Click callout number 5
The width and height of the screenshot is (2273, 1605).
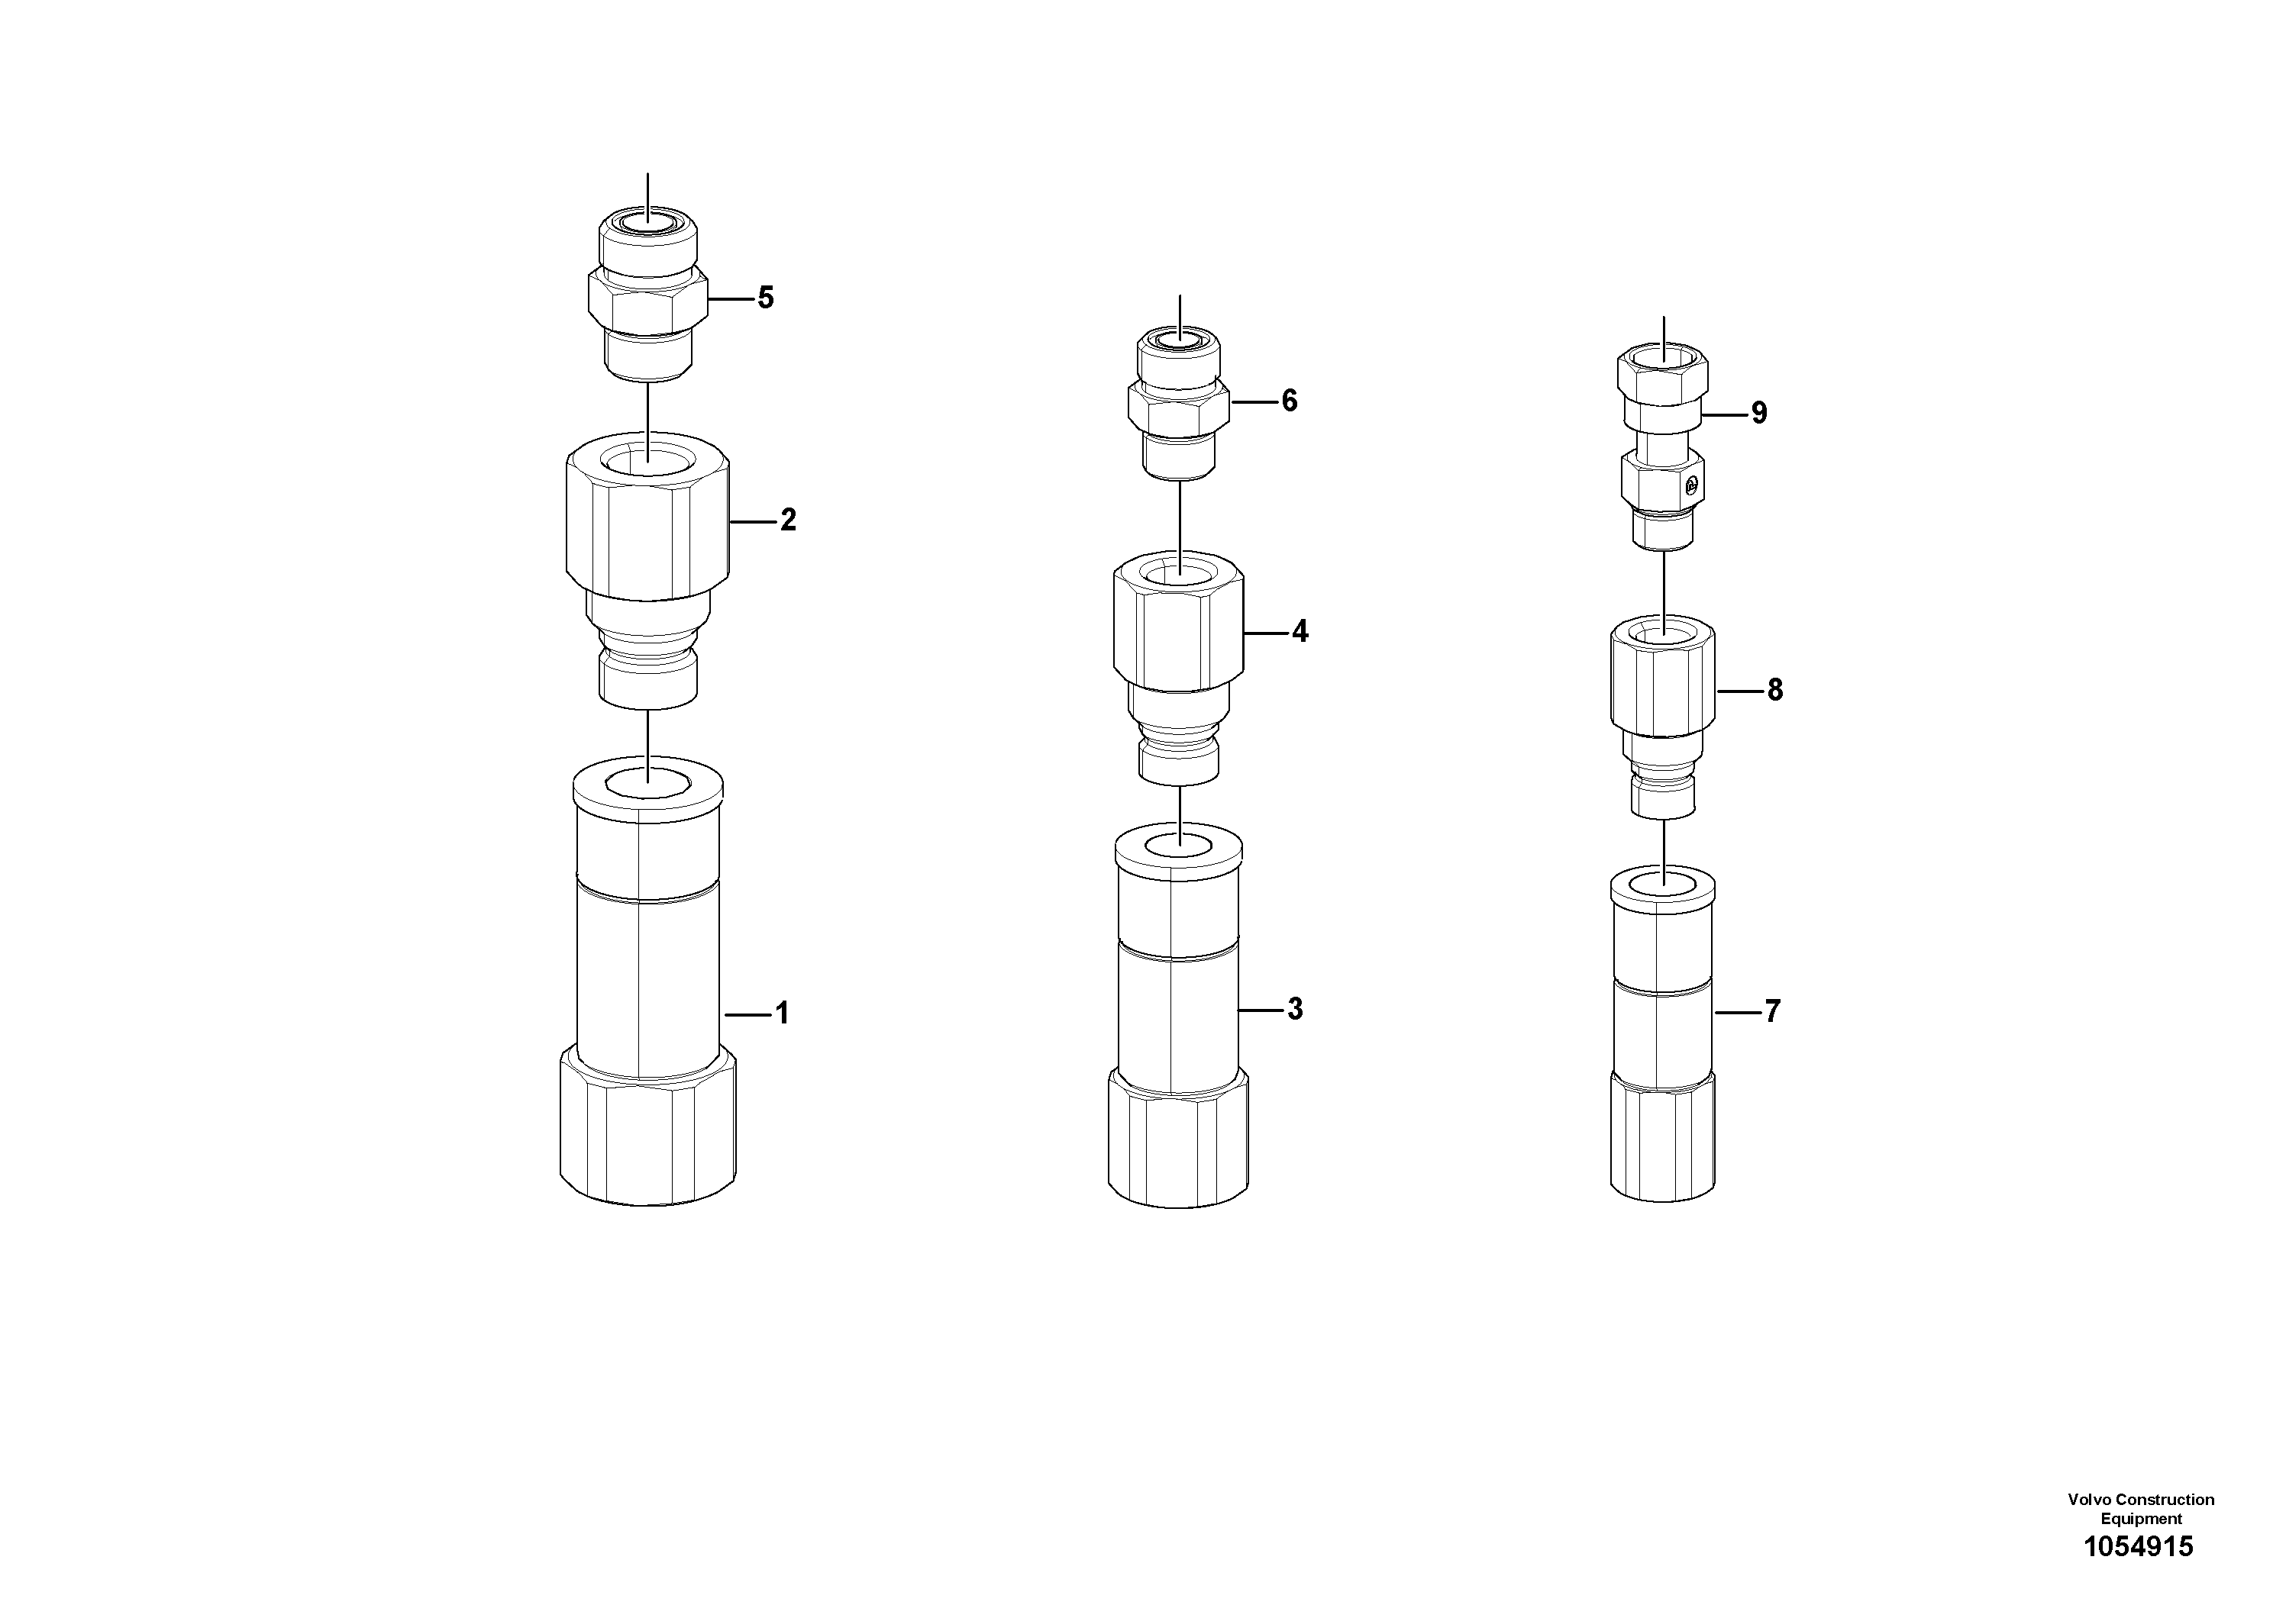tap(765, 298)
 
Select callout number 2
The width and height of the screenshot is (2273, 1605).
tap(788, 520)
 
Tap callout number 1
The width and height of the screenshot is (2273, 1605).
tap(782, 1014)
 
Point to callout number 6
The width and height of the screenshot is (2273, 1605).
tap(1289, 401)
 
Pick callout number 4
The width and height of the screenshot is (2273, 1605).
tap(1300, 631)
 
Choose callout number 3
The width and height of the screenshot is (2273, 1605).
tap(1295, 1009)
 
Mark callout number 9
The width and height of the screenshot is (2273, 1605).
tap(1759, 414)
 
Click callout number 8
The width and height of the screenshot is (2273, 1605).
tap(1775, 690)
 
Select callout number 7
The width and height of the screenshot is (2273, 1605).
tap(1772, 1011)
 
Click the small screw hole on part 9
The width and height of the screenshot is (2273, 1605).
tap(1692, 484)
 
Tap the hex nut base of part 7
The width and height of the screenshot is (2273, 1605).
tap(1663, 1143)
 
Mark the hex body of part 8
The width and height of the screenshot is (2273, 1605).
tap(1663, 683)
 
